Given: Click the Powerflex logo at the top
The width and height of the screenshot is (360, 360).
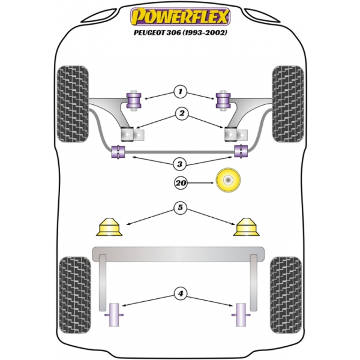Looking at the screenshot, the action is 180,17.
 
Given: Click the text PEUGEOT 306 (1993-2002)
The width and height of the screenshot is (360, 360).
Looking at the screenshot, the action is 181,32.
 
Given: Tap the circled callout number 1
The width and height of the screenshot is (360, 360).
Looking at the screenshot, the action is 180,92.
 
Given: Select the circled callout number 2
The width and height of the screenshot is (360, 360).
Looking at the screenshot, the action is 182,113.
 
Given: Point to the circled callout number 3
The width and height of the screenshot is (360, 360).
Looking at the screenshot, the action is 180,164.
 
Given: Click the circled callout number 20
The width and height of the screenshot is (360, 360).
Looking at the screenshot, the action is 181,183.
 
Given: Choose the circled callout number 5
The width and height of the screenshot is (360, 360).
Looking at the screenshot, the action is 180,208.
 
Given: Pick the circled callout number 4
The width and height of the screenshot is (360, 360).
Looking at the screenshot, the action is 181,293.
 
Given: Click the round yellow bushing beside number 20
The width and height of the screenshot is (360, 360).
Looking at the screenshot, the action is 228,180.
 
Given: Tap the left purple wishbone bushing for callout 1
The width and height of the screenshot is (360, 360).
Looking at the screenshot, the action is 134,100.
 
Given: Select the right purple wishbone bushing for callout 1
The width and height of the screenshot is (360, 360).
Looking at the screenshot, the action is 223,100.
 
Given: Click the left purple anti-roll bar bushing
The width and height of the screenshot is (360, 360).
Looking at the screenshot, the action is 118,152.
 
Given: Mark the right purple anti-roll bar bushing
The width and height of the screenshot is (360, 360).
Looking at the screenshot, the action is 241,151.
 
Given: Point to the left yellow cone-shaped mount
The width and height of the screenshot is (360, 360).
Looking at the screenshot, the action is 109,227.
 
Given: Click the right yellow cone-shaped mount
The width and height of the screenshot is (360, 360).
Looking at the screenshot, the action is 247,227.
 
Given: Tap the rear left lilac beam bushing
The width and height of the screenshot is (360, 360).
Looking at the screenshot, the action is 114,315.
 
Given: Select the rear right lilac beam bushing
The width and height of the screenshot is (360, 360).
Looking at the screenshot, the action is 241,315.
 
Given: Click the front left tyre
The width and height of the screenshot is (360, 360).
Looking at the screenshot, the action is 73,104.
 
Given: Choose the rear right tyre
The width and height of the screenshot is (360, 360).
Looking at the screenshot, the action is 286,295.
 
